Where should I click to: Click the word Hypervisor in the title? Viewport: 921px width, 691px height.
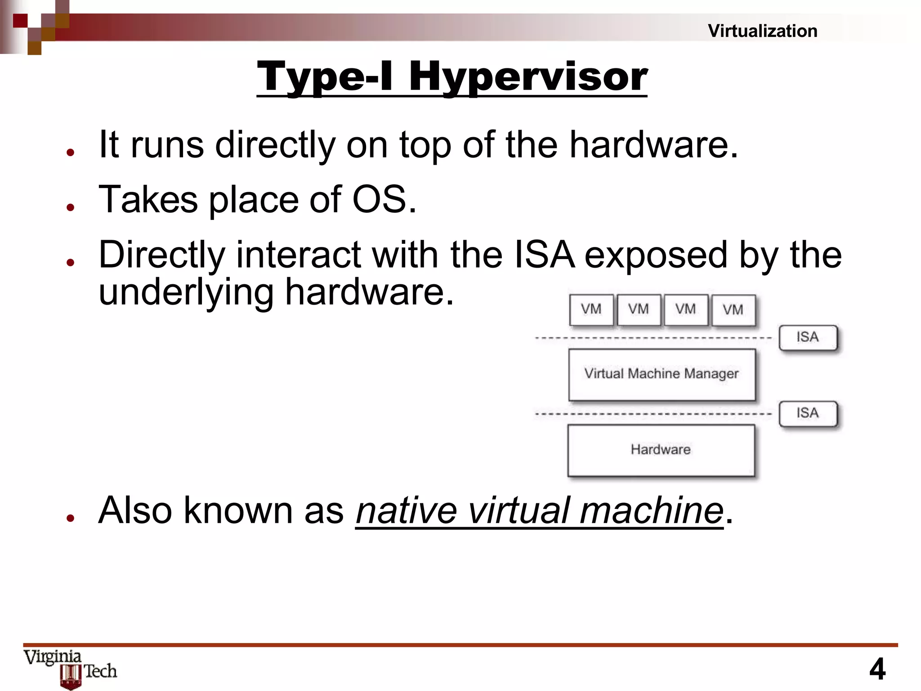coord(528,76)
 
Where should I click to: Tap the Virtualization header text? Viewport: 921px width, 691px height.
coord(762,31)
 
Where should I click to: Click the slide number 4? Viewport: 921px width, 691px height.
coord(877,669)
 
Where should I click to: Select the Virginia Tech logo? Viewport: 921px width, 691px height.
coord(71,668)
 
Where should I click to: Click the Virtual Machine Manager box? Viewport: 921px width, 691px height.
coord(662,374)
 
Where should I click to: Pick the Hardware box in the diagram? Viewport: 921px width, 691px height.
coord(661,450)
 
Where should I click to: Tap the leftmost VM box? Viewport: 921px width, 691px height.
coord(591,310)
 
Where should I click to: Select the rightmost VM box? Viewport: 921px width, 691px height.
coord(733,310)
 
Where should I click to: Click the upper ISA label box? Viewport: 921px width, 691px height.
coord(808,337)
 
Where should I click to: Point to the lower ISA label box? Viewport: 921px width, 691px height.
coord(808,413)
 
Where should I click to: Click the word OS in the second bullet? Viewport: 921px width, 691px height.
coord(380,199)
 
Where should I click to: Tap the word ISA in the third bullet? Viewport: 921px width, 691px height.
coord(544,255)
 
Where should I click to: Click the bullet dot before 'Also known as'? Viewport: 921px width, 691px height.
coord(70,518)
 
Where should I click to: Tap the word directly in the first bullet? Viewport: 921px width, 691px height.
coord(275,145)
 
